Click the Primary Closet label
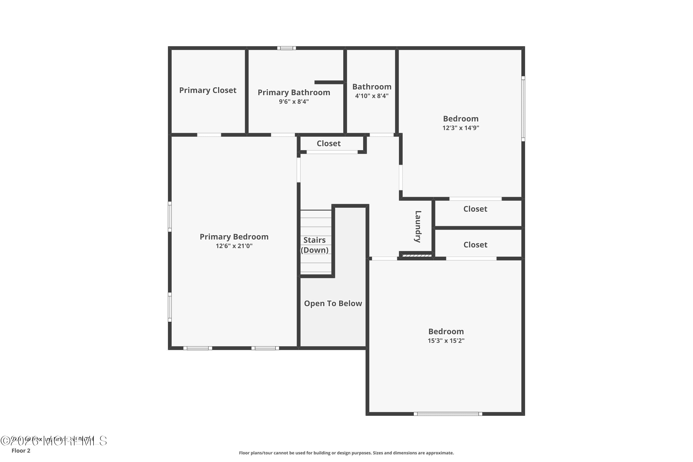pyautogui.click(x=208, y=90)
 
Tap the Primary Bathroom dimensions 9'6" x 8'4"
pyautogui.click(x=294, y=102)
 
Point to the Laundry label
pyautogui.click(x=418, y=227)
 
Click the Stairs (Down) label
pyautogui.click(x=314, y=245)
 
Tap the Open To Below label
pyautogui.click(x=333, y=304)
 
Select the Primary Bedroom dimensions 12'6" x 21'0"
pyautogui.click(x=234, y=246)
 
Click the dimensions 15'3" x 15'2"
pyautogui.click(x=446, y=340)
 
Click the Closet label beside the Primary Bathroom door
pyautogui.click(x=328, y=143)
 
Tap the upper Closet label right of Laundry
pyautogui.click(x=475, y=209)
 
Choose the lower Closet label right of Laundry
pyautogui.click(x=475, y=245)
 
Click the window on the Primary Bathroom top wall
pyautogui.click(x=286, y=48)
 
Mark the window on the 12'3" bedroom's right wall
pyautogui.click(x=523, y=109)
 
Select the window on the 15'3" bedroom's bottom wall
pyautogui.click(x=448, y=414)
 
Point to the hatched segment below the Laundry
pyautogui.click(x=416, y=255)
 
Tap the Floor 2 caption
pyautogui.click(x=21, y=450)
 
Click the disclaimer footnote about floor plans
pyautogui.click(x=346, y=453)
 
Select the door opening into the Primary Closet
pyautogui.click(x=209, y=135)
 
